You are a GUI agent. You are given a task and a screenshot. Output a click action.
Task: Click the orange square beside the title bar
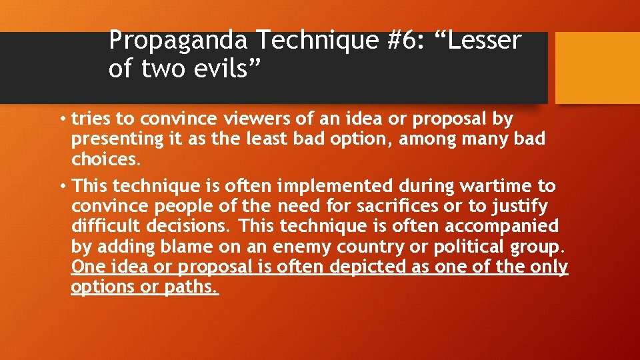[x=597, y=69]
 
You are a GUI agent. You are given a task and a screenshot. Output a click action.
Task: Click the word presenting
[x=114, y=139]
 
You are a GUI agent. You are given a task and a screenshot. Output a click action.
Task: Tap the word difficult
[x=107, y=226]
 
